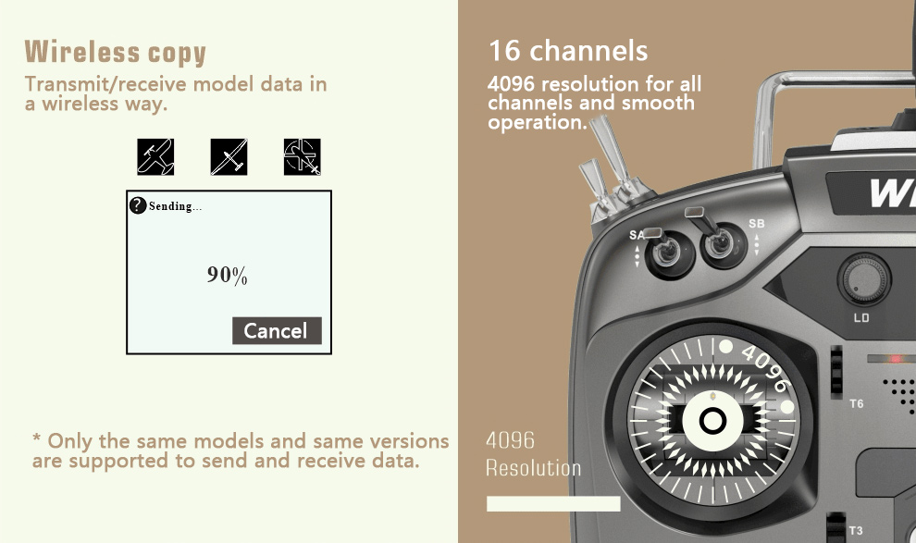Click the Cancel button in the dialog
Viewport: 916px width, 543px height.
pos(277,330)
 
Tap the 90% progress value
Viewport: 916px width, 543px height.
pos(228,275)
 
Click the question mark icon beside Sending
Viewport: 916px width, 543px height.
pos(138,205)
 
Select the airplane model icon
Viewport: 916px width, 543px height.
pos(155,156)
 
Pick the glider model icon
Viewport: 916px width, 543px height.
pos(229,156)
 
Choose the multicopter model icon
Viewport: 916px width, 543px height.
pos(302,156)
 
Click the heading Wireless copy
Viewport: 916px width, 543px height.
pos(115,52)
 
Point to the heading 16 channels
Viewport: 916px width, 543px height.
pos(568,51)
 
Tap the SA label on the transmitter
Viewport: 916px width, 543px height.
pos(637,235)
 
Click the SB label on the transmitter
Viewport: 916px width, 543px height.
pos(757,224)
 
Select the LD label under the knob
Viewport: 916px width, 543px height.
pos(861,317)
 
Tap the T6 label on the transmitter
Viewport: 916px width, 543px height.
pos(857,403)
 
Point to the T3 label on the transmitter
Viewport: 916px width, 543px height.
pos(856,530)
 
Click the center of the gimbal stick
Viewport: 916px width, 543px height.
pos(712,420)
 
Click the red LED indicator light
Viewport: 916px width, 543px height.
pos(895,359)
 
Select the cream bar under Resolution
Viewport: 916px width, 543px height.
pos(553,504)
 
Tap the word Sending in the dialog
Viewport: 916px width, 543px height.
pos(170,206)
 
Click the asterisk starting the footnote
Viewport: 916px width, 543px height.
pos(37,438)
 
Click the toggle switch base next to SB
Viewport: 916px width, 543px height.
pos(724,245)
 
